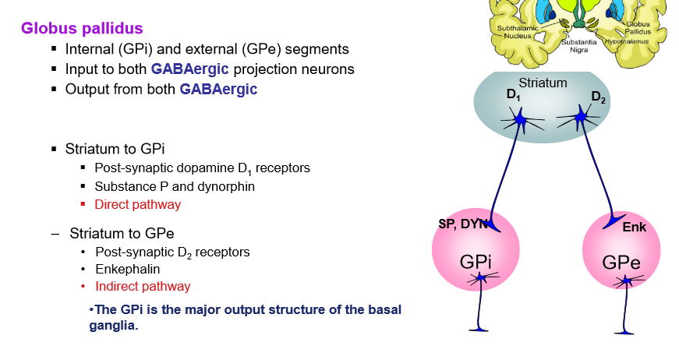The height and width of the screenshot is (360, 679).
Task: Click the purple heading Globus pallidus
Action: pos(82,29)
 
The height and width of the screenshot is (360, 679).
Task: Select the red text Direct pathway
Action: pos(137,205)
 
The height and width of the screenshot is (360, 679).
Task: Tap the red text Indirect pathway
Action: pos(143,286)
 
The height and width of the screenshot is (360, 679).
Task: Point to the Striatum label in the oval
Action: pos(543,83)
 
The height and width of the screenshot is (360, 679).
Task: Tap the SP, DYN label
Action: pos(463,224)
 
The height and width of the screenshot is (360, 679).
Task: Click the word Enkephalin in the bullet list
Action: pos(127,269)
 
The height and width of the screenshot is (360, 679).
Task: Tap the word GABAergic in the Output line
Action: pos(218,89)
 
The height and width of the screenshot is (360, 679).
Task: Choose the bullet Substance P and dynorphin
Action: pos(175,187)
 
